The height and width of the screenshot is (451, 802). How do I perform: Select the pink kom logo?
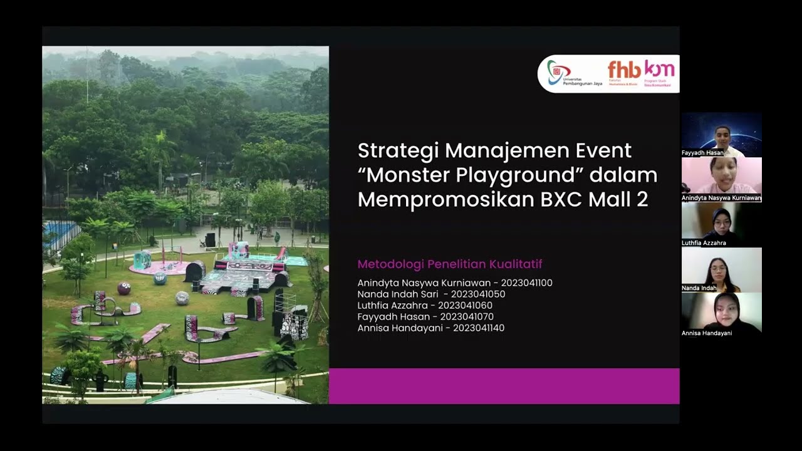pos(659,70)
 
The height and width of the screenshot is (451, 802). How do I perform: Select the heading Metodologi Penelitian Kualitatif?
pos(449,264)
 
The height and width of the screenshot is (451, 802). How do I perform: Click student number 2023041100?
pos(526,283)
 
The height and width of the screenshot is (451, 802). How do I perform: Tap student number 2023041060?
pos(465,306)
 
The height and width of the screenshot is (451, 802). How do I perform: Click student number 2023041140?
pos(478,328)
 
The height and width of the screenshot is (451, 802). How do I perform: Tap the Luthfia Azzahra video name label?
pos(704,243)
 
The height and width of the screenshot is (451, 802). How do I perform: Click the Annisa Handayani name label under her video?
pos(707,333)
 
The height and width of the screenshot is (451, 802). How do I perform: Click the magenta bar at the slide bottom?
pos(504,386)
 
